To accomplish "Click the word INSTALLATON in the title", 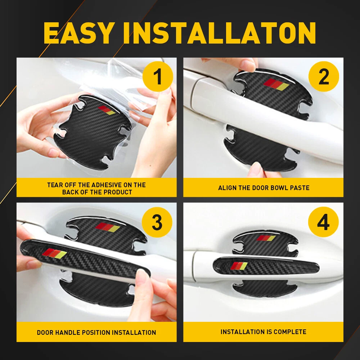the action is point(220,33).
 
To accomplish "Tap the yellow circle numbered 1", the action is point(158,76).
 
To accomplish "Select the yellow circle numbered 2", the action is point(324,76).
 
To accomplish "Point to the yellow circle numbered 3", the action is point(157,222).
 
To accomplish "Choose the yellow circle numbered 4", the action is point(323,222).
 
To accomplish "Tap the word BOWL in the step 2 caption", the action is point(280,188).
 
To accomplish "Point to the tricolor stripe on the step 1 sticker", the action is point(107,110).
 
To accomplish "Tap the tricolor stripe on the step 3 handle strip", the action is point(55,253).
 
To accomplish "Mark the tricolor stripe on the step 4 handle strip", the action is point(239,266).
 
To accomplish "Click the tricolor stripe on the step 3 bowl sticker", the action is point(108,227).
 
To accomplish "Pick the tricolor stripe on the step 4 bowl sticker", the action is point(266,238).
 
